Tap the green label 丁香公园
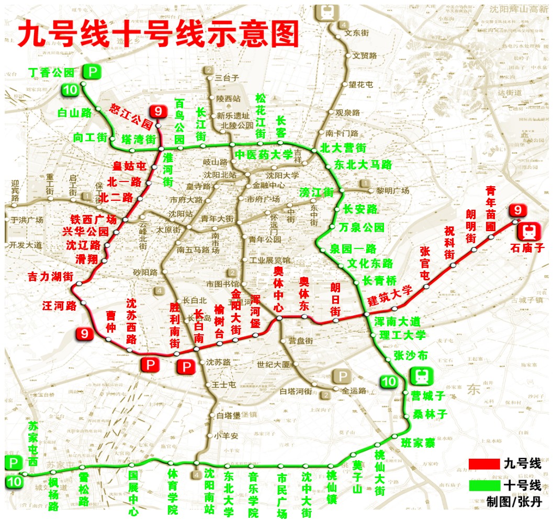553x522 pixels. click(51, 72)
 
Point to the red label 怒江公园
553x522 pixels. click(131, 116)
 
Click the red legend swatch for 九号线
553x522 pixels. click(484, 463)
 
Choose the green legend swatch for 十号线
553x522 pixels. click(484, 485)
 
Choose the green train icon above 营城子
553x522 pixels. click(420, 376)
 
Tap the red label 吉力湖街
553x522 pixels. click(50, 276)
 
